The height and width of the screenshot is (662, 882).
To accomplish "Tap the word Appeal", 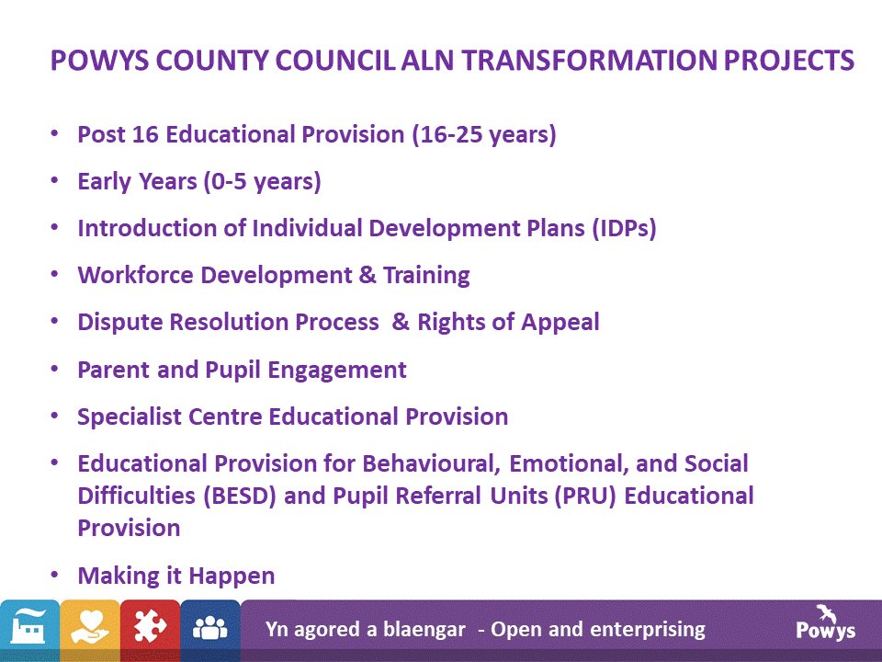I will click(559, 323).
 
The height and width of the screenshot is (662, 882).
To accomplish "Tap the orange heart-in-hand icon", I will click(90, 630).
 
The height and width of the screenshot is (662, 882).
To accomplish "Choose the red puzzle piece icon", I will click(150, 630).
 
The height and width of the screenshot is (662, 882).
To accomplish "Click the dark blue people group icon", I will click(210, 630).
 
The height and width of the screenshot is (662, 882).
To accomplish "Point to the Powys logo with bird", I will click(825, 622).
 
